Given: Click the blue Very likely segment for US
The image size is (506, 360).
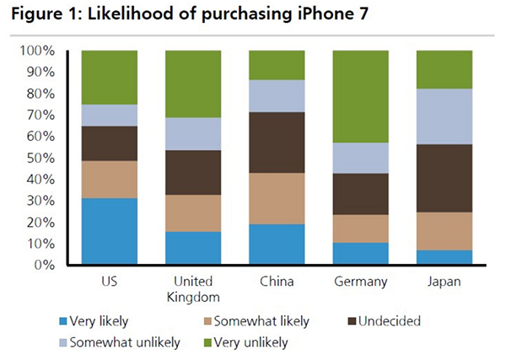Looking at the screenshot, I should (x=109, y=231).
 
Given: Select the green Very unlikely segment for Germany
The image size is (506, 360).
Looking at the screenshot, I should (x=361, y=96).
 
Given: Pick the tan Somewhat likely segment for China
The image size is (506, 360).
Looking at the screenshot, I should (x=277, y=198).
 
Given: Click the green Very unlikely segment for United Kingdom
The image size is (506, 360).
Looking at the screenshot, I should (x=193, y=83).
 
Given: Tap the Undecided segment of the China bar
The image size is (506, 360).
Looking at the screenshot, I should (x=277, y=142).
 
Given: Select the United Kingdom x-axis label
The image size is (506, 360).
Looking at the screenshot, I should (x=193, y=289).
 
